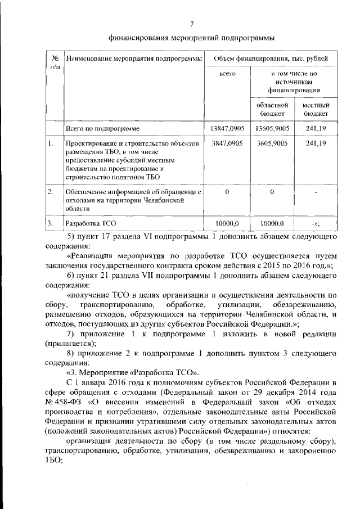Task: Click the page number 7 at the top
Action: tap(191, 24)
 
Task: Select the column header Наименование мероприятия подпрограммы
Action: tap(133, 58)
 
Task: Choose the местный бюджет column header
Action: tap(315, 109)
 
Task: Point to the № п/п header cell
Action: tap(55, 62)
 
